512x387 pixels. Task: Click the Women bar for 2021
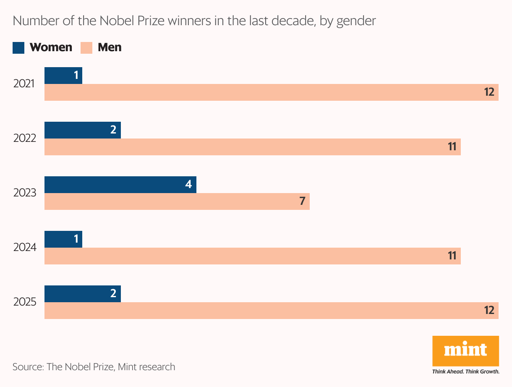(x=63, y=76)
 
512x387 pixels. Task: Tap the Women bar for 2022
(x=82, y=130)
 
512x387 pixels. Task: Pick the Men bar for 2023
(x=177, y=201)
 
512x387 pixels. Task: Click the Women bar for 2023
(x=120, y=185)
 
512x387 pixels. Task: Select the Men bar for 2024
(x=252, y=256)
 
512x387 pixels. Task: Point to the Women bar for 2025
(x=82, y=294)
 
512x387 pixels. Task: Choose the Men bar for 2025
(x=271, y=311)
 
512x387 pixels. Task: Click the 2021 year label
(x=24, y=84)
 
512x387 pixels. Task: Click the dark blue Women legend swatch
(x=18, y=47)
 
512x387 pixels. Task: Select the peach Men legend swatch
(x=86, y=47)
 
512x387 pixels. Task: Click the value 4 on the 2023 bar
(x=189, y=185)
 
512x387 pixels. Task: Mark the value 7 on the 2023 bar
(x=302, y=201)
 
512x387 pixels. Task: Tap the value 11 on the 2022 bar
(x=452, y=147)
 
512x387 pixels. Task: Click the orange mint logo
(x=465, y=350)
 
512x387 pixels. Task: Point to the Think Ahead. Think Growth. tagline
(x=465, y=372)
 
